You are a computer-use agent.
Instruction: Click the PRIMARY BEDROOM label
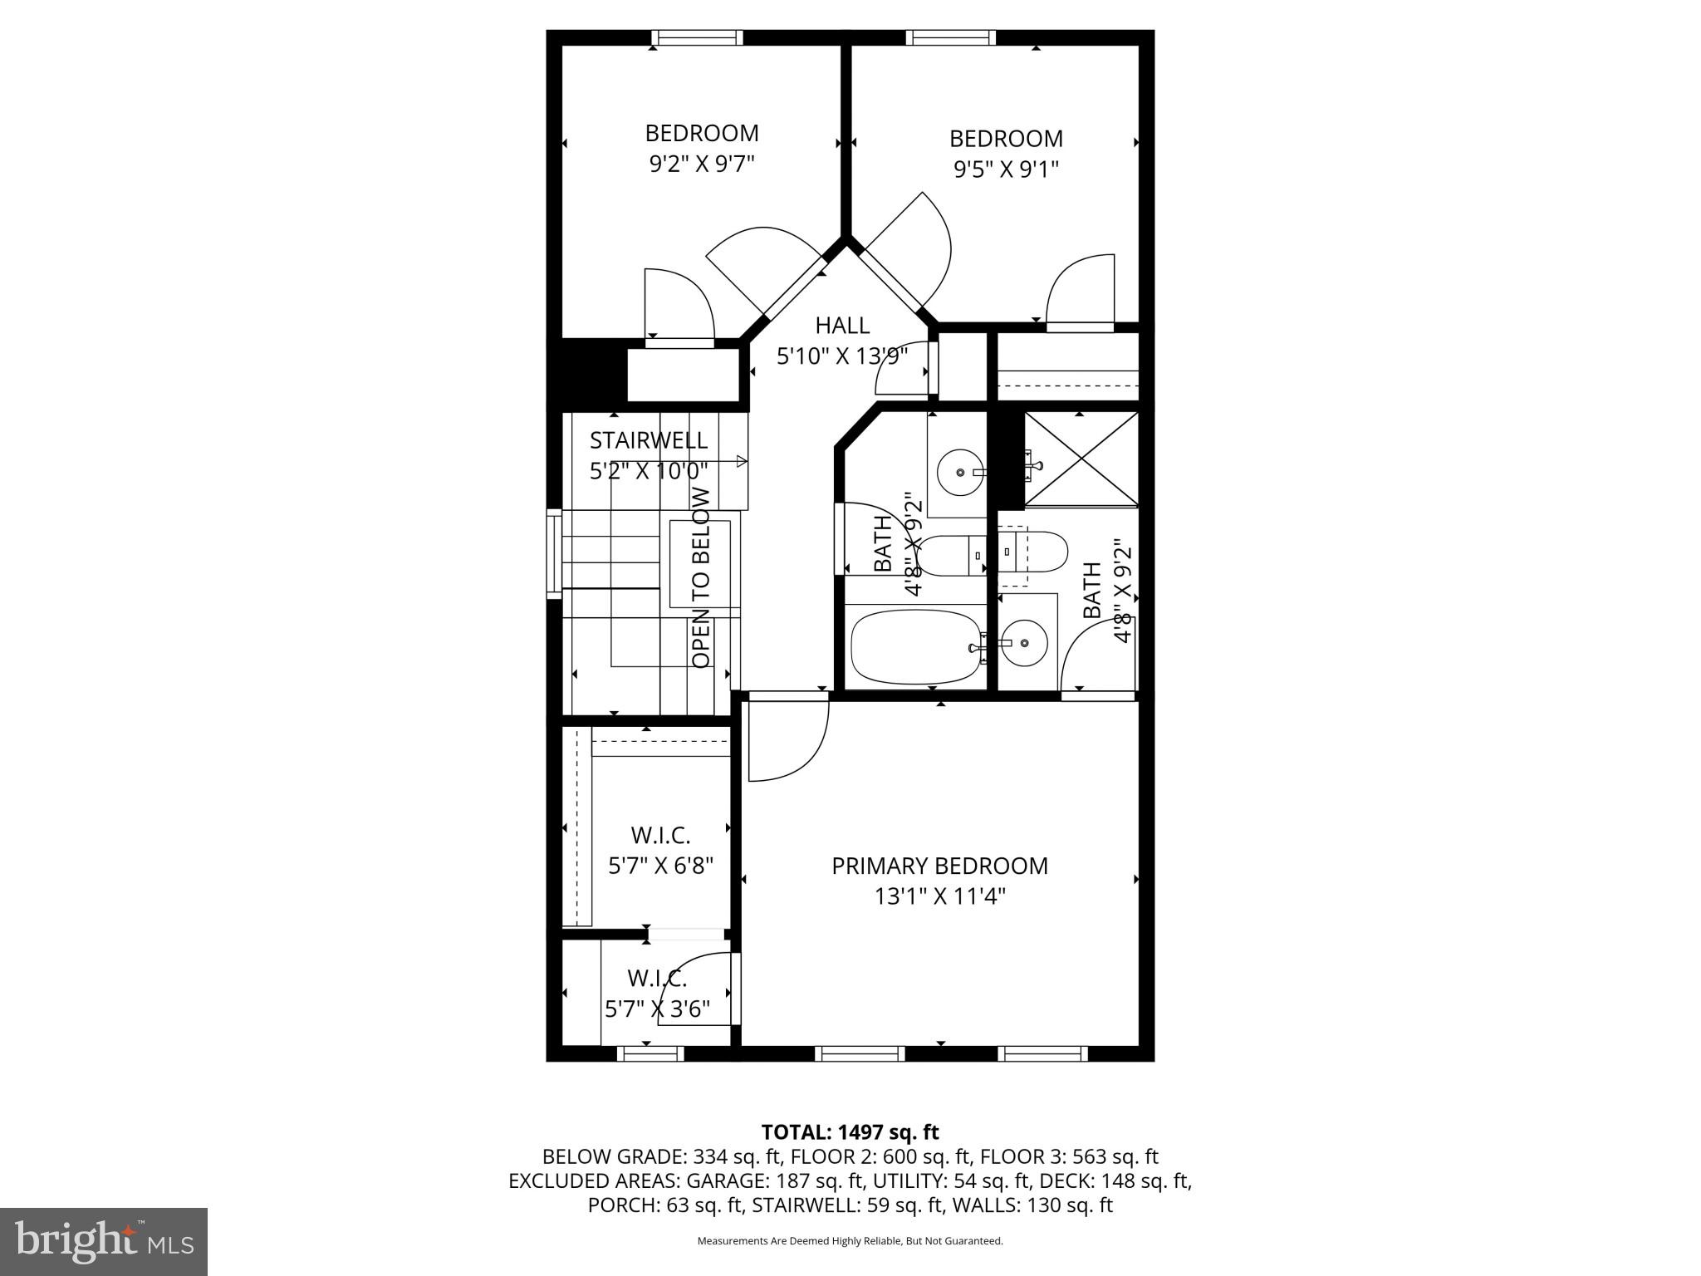939,866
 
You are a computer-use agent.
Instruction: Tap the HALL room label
842,325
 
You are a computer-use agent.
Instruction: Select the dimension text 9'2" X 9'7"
701,164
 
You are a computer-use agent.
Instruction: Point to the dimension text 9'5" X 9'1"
1006,169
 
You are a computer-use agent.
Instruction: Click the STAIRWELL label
648,439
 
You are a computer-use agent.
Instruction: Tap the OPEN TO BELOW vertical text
702,577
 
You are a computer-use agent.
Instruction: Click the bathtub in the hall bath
914,648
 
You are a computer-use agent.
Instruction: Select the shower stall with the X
1081,459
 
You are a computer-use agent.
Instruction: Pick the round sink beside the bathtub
1023,643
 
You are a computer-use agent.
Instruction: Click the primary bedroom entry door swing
785,739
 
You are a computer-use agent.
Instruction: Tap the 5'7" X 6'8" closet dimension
661,866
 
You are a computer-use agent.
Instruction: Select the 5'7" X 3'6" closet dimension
657,1009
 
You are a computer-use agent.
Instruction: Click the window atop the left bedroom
697,37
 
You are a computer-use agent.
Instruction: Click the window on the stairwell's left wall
554,553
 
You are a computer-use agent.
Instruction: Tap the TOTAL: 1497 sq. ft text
850,1131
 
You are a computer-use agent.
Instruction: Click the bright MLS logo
104,1241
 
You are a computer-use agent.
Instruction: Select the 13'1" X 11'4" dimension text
939,897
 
